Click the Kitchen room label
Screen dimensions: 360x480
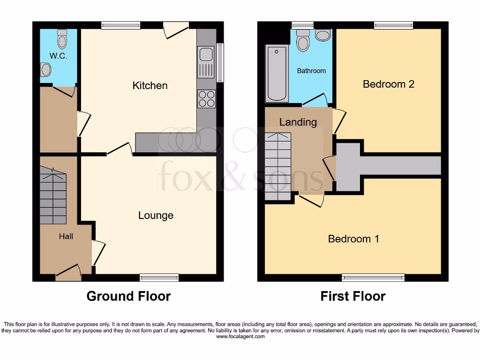[150, 85]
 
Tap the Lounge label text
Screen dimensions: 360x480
[156, 215]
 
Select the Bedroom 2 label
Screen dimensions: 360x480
[388, 84]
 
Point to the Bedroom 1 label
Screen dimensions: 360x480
[353, 239]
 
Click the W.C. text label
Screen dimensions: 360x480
[59, 56]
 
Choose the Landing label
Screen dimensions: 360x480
[298, 122]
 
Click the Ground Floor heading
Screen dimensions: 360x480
[128, 296]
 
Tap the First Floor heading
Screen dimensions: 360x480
[353, 296]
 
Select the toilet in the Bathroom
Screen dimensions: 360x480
[303, 41]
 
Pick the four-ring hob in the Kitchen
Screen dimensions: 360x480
[207, 98]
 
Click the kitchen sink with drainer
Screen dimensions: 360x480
[206, 62]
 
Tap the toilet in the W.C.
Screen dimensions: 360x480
[62, 40]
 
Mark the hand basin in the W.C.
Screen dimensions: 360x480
[45, 70]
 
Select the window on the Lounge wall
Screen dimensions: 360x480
[159, 277]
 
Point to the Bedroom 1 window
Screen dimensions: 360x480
[373, 277]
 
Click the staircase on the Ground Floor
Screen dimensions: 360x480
[53, 197]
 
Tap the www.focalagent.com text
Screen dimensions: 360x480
[240, 337]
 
